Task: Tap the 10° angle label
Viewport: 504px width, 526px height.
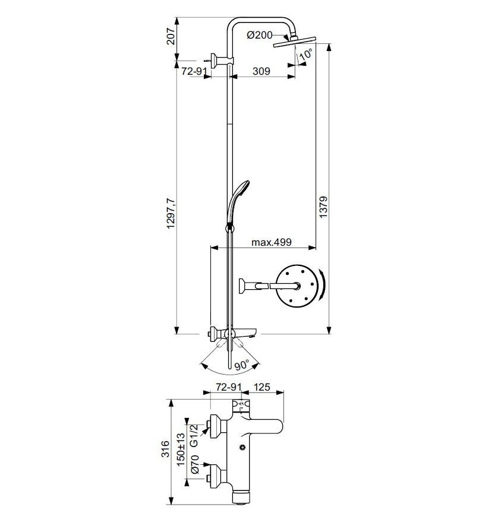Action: click(x=306, y=55)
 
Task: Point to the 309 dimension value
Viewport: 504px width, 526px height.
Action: click(x=262, y=71)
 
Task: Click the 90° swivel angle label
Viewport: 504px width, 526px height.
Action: click(x=240, y=366)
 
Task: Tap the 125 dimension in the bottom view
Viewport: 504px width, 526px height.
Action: click(x=262, y=388)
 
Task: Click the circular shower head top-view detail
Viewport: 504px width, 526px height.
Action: click(x=299, y=287)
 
